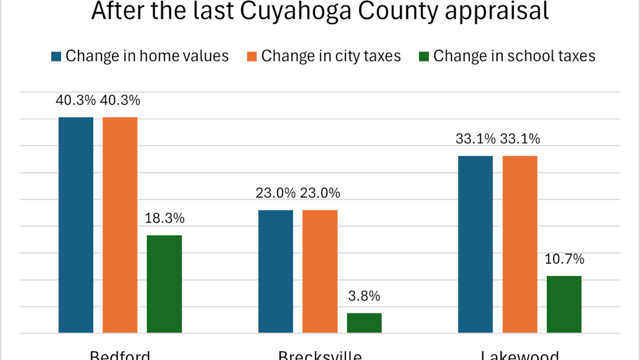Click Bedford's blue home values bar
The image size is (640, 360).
76,225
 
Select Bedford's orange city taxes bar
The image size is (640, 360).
120,225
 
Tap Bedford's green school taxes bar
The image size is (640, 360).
164,284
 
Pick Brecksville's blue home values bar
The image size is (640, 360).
275,271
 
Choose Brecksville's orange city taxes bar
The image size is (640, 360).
320,271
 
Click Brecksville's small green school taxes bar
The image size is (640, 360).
364,323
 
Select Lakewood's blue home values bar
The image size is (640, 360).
475,244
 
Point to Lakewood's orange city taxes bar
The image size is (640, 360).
520,244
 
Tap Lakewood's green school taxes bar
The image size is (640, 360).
564,304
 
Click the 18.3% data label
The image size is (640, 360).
164,218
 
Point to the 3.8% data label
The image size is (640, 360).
364,296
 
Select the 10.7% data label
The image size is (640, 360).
564,259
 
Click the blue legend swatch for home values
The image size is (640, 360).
56,56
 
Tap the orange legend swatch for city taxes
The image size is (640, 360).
252,56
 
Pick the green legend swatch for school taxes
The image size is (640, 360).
424,56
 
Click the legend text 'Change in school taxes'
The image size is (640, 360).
514,56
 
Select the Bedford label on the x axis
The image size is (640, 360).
120,354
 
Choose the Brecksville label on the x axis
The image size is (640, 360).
320,354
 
